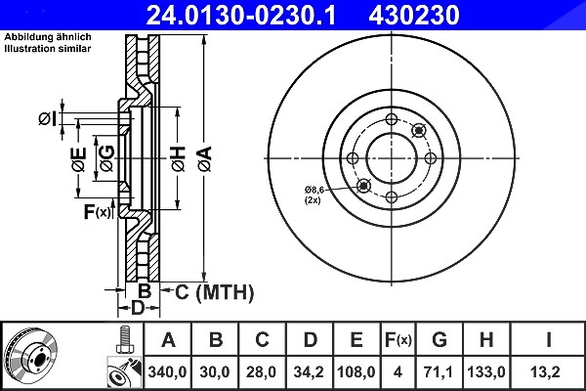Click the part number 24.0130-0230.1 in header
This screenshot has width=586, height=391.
241,15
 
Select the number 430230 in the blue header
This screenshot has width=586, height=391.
414,15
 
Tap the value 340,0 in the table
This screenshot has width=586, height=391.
167,371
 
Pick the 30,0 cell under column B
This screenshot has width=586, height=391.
215,371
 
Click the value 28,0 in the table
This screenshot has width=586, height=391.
261,371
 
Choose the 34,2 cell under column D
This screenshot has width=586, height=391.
309,371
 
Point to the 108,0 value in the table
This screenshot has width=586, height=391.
356,371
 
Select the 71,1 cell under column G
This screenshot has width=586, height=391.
438,371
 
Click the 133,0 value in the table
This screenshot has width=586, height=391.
485,371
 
